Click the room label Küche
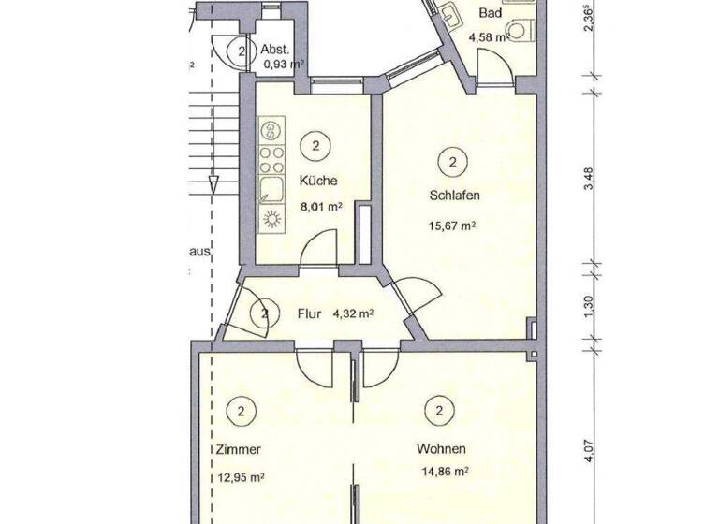pos(317,181)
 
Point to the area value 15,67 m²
pos(453,226)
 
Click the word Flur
pos(309,314)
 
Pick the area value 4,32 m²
pos(353,314)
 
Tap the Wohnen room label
pos(441,448)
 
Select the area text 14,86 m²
pos(442,473)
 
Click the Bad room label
pos(489,14)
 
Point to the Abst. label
pos(274,51)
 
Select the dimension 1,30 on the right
pos(589,306)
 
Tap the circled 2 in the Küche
pos(315,145)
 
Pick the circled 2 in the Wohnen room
pos(438,410)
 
